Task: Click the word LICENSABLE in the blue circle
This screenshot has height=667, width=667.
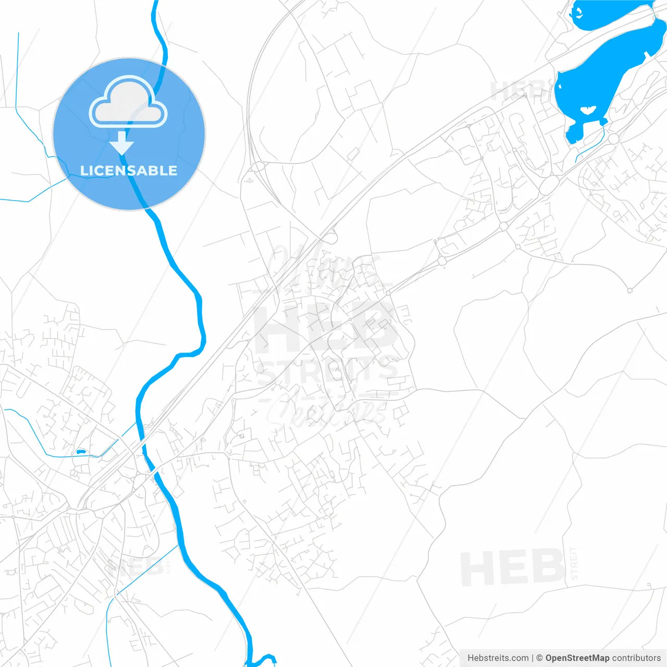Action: click(x=129, y=171)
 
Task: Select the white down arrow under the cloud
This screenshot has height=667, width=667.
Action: click(x=122, y=143)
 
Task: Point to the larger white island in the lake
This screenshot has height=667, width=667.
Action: click(x=588, y=110)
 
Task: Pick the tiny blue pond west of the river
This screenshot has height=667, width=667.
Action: click(x=80, y=452)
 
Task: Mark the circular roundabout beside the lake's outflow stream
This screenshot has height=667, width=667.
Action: click(x=613, y=139)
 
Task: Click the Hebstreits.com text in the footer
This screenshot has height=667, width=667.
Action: click(x=498, y=658)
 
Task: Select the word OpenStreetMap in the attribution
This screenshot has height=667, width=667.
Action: click(x=577, y=658)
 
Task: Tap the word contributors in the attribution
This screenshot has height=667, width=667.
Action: click(x=636, y=658)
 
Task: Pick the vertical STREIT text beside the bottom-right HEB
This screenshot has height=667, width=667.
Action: click(x=574, y=563)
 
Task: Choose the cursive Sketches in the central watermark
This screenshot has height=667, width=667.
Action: click(x=326, y=412)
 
